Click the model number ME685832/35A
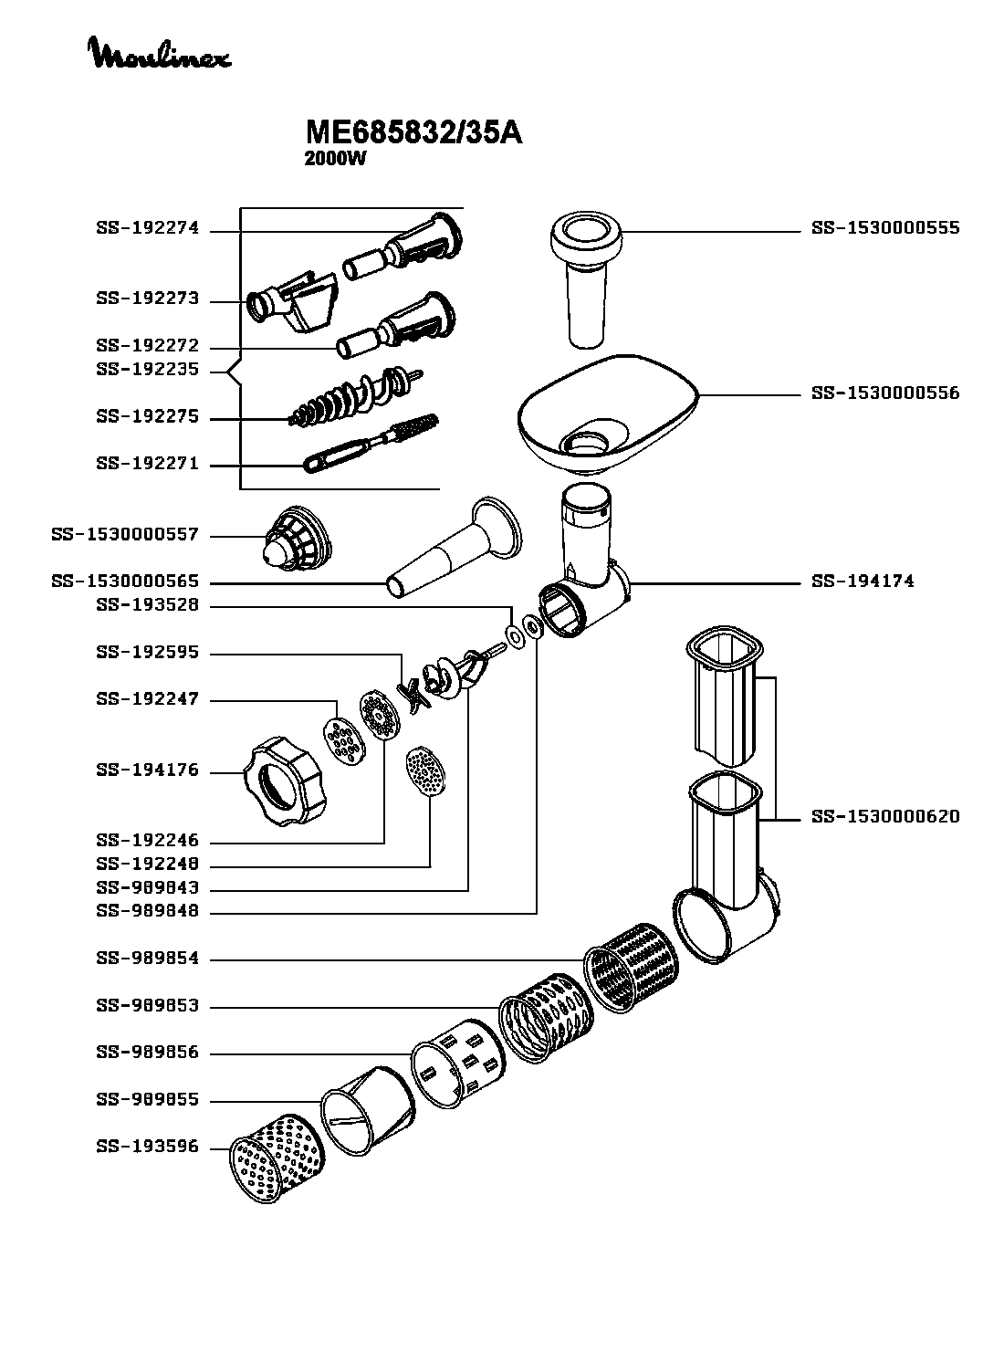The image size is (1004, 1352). [413, 133]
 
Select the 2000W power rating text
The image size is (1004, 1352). [335, 158]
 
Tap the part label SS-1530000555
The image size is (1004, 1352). [885, 228]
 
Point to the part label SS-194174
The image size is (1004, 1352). [863, 582]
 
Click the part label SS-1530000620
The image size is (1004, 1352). [885, 817]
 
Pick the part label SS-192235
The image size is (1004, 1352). [147, 371]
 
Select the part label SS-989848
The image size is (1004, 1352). [147, 911]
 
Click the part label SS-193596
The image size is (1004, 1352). [147, 1148]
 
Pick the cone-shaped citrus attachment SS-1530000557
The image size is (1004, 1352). [297, 539]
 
